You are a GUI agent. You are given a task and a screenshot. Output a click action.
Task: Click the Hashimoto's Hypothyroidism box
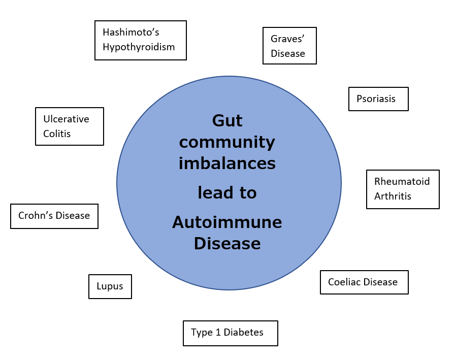pyautogui.click(x=141, y=40)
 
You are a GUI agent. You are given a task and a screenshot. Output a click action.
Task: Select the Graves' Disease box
pyautogui.click(x=289, y=46)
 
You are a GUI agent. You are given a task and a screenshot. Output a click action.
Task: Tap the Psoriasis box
pyautogui.click(x=378, y=99)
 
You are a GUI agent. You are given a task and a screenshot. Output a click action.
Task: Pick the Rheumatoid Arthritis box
pyautogui.click(x=403, y=189)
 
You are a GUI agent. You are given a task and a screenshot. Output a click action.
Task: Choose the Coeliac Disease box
pyautogui.click(x=364, y=282)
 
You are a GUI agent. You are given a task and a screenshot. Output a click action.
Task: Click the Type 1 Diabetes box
pyautogui.click(x=231, y=333)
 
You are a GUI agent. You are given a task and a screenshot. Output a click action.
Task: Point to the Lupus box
pyautogui.click(x=110, y=286)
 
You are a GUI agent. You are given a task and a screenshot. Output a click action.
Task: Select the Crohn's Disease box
pyautogui.click(x=54, y=216)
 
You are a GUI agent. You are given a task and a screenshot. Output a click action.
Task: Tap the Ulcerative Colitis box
pyautogui.click(x=70, y=126)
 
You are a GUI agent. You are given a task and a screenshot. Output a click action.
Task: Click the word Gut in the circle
pyautogui.click(x=227, y=121)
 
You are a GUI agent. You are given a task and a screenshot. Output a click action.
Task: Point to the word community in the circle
pyautogui.click(x=227, y=142)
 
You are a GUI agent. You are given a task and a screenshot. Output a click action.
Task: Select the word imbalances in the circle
pyautogui.click(x=227, y=163)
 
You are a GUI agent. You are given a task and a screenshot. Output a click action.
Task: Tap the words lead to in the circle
pyautogui.click(x=227, y=193)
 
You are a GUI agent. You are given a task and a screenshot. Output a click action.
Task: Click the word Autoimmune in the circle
pyautogui.click(x=227, y=222)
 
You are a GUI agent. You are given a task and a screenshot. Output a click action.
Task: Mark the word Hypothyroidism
pyautogui.click(x=139, y=47)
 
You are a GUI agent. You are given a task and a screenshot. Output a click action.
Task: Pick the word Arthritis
pyautogui.click(x=393, y=196)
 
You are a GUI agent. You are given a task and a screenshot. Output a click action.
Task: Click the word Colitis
pyautogui.click(x=57, y=134)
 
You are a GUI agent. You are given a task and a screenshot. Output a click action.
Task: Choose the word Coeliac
pyautogui.click(x=344, y=282)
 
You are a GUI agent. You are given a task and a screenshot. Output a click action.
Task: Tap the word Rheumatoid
pyautogui.click(x=402, y=181)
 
